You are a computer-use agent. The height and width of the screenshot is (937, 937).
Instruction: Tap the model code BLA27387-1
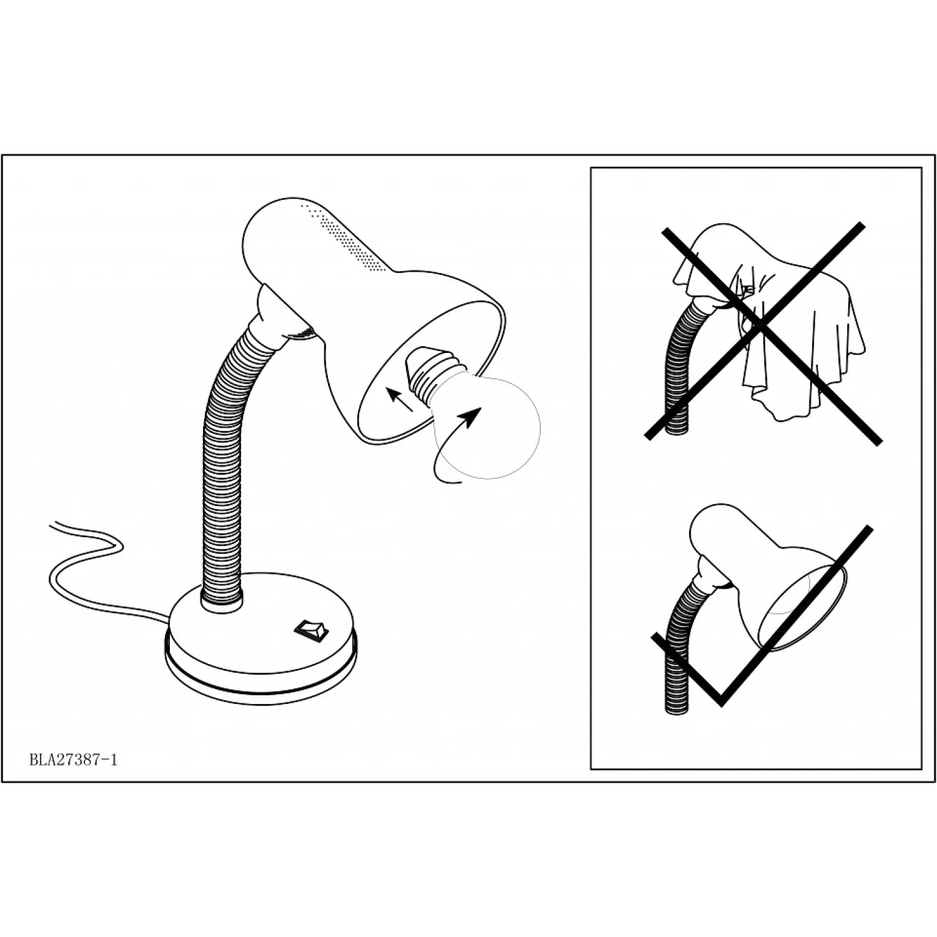pos(73,760)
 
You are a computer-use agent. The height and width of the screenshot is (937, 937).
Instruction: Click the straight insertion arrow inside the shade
pos(400,400)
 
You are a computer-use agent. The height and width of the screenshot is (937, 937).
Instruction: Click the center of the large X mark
pos(759,324)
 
